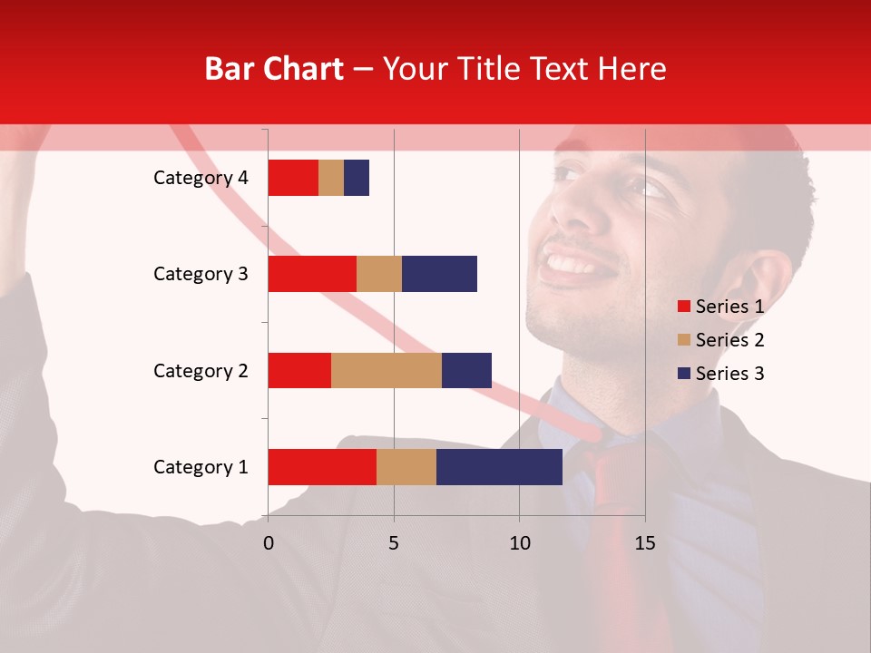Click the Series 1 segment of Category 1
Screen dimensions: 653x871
(x=322, y=467)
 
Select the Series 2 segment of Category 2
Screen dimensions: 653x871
(x=387, y=370)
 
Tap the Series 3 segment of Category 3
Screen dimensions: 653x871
(x=439, y=274)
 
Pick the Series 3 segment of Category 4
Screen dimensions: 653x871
(x=357, y=178)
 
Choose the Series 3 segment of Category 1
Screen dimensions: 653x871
(x=499, y=467)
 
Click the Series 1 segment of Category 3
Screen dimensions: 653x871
(x=312, y=274)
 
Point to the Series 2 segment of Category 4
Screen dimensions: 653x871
(x=331, y=178)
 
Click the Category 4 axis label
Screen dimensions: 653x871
(x=201, y=178)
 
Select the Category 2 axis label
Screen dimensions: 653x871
(x=201, y=371)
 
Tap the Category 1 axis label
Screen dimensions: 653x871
(x=201, y=467)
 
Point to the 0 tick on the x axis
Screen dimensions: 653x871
(x=268, y=543)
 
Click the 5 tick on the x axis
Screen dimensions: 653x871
(x=394, y=543)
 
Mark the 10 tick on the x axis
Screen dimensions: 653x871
(x=519, y=543)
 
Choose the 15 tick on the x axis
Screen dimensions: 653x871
(x=645, y=543)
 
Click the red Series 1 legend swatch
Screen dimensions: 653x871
(x=683, y=307)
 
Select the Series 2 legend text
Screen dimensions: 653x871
(x=729, y=340)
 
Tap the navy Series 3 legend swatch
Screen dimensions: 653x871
(x=683, y=374)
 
